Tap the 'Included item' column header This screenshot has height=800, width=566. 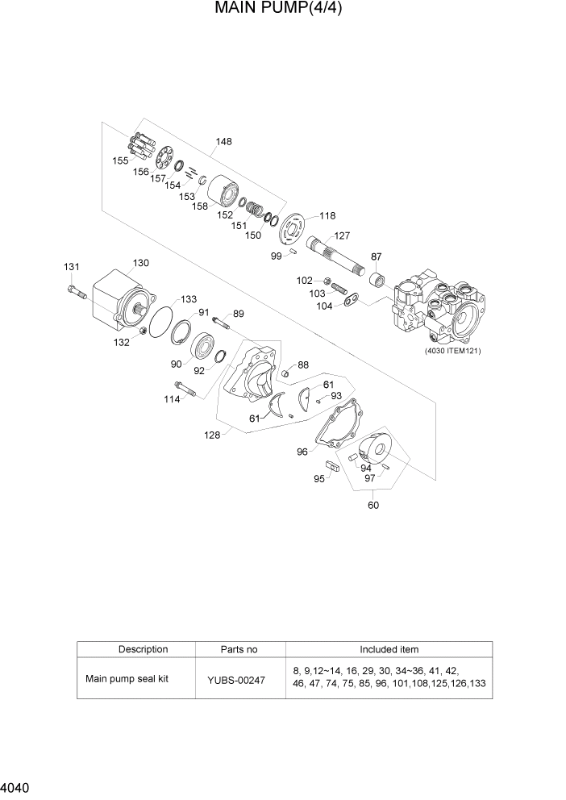click(x=389, y=649)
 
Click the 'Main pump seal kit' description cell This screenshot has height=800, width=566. click(x=127, y=679)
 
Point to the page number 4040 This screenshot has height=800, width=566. click(x=16, y=785)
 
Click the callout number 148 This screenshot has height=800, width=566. click(x=223, y=142)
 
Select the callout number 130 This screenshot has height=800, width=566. click(x=141, y=263)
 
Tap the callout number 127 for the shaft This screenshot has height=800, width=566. click(x=342, y=236)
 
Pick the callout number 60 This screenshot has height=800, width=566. click(x=372, y=506)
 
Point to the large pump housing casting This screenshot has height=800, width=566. click(x=435, y=310)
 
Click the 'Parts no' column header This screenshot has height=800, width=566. click(x=239, y=649)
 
